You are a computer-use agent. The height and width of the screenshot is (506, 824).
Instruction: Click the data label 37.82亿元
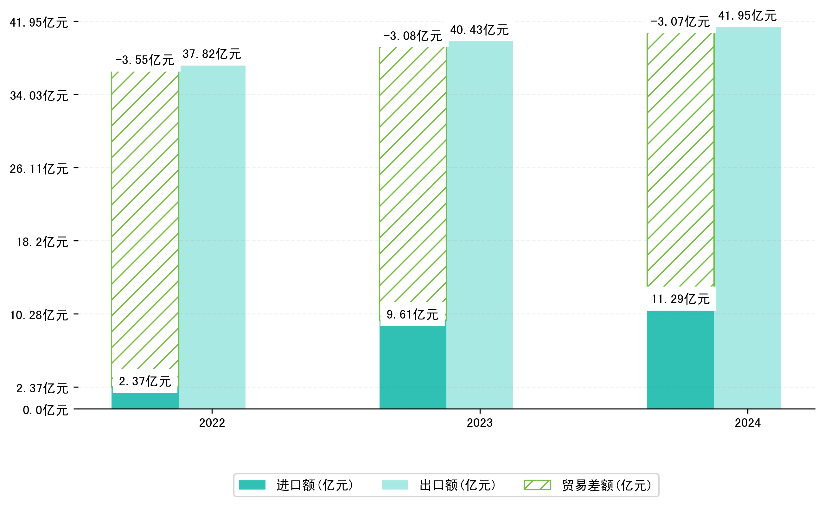click(212, 54)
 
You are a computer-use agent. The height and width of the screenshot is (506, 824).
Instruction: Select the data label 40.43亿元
click(479, 30)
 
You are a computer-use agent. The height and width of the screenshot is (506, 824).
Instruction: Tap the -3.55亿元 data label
click(145, 60)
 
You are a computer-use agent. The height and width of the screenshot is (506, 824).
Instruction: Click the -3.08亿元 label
click(412, 36)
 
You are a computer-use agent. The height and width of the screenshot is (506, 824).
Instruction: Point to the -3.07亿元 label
click(680, 22)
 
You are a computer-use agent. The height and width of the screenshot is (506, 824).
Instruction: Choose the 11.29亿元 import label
click(680, 299)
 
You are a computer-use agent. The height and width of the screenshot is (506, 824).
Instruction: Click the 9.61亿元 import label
click(412, 314)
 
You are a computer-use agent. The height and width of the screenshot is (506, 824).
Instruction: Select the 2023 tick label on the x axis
click(480, 423)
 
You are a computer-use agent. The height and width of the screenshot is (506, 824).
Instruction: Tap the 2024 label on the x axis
click(748, 423)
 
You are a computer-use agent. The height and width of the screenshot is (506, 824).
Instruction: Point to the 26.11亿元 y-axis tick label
click(39, 169)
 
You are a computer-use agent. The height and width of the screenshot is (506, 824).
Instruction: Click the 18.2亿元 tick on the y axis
click(42, 242)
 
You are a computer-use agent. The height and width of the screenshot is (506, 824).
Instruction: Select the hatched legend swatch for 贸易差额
click(537, 485)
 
